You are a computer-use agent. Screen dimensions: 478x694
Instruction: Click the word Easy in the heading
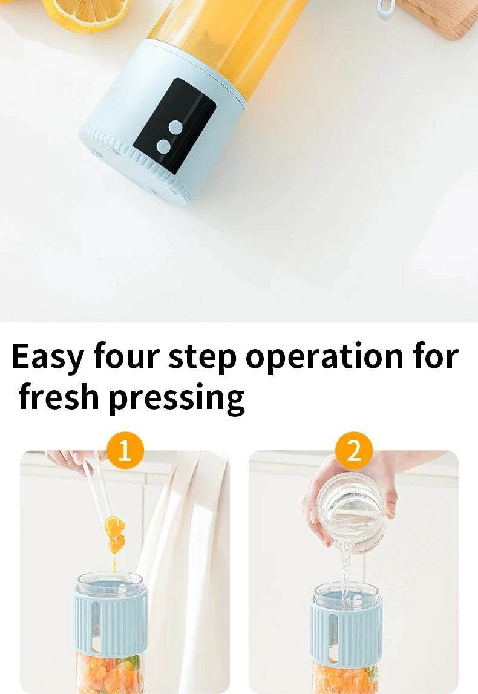tap(48, 357)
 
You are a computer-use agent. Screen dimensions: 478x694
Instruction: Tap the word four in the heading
tap(126, 356)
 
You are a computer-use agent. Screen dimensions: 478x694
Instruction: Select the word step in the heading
tap(202, 358)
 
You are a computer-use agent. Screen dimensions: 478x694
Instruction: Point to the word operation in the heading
tap(324, 357)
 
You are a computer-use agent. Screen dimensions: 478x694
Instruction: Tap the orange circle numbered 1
tap(125, 451)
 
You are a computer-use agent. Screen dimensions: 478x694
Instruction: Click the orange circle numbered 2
tap(353, 451)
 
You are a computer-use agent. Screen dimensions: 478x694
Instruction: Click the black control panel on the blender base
tap(174, 126)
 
